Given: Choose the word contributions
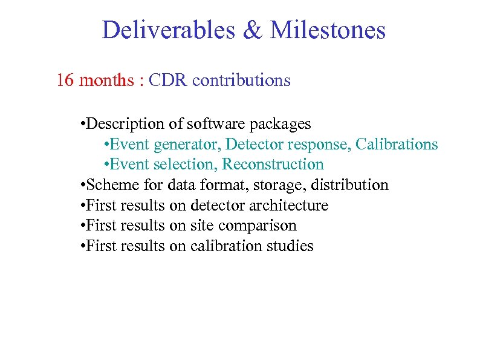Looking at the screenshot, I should [242, 80].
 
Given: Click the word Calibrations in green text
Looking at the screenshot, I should [397, 145].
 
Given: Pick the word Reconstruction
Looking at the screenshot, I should [273, 165].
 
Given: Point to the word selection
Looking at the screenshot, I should [189, 165].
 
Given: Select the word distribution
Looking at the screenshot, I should [350, 185].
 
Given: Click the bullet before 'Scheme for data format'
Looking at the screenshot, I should [82, 186].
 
